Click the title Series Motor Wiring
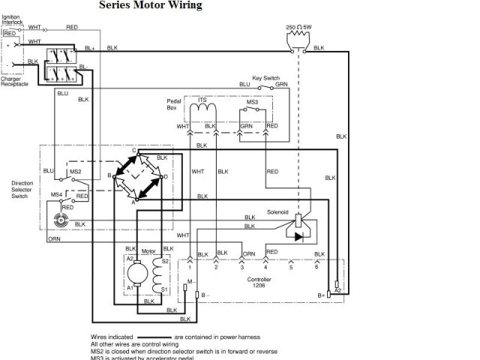click(x=150, y=6)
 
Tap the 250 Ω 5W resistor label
click(x=301, y=27)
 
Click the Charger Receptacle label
click(x=16, y=81)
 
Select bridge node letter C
click(x=134, y=151)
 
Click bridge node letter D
click(x=165, y=176)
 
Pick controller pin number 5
click(x=291, y=267)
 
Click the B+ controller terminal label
click(x=321, y=295)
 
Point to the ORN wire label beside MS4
click(x=54, y=239)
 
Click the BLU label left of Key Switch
click(x=244, y=85)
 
